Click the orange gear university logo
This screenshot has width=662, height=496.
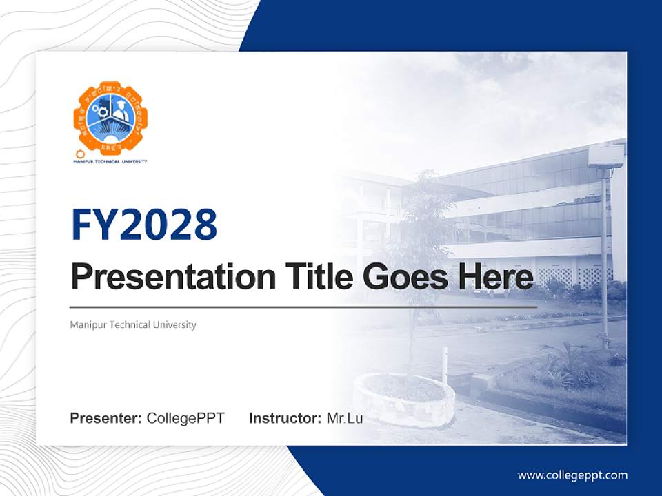point(110,118)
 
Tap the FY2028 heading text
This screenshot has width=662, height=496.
point(144,224)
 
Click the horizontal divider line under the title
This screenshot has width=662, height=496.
point(303,307)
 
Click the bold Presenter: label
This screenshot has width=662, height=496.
point(106,418)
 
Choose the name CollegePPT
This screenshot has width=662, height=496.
point(185,418)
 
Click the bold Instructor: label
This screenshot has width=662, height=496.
point(285,418)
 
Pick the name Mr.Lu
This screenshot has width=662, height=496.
point(345,418)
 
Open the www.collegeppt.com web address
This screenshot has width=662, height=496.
point(572,475)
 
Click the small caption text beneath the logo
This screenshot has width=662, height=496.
point(110,161)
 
